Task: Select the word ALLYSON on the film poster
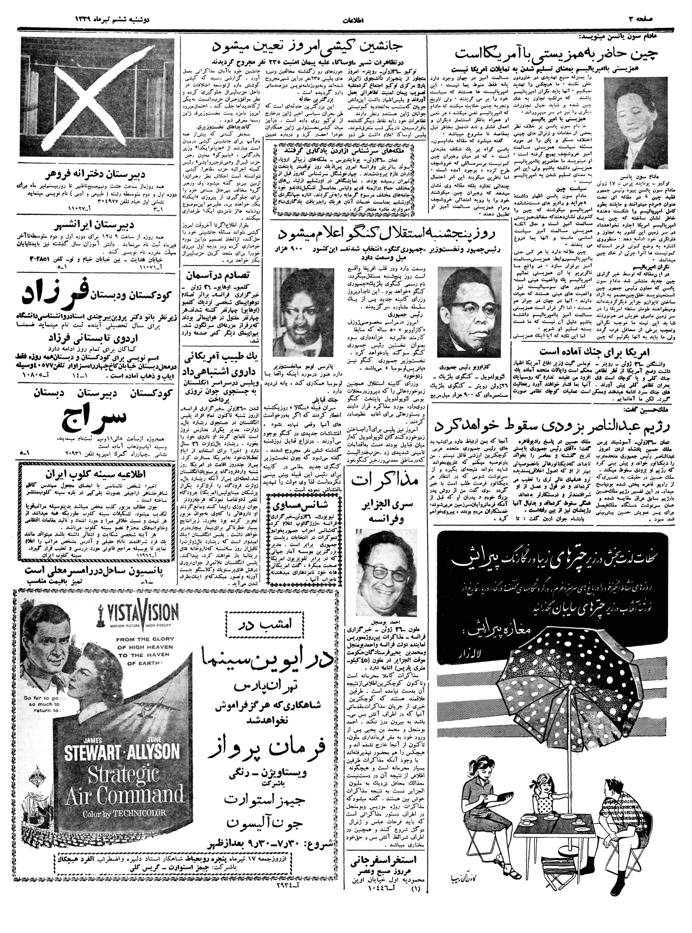[148, 751]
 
